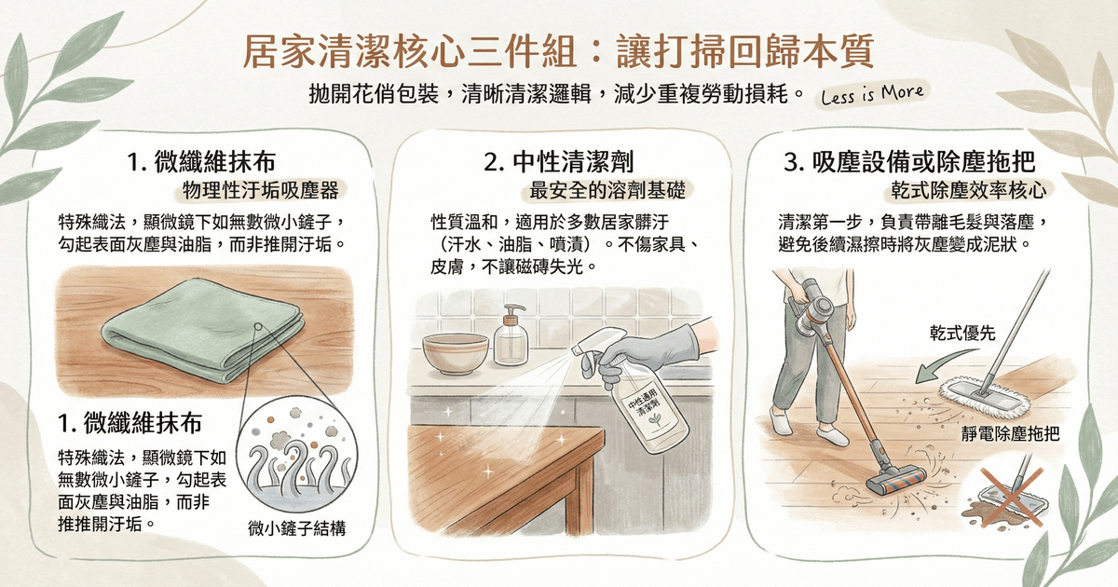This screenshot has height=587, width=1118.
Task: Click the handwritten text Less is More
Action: [872, 94]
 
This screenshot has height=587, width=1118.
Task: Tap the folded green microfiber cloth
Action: [203, 331]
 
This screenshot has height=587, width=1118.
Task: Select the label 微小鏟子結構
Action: [297, 528]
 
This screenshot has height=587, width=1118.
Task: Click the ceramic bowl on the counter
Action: [456, 353]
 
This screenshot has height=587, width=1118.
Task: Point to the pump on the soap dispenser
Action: [513, 316]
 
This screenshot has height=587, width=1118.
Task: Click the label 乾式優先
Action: [962, 333]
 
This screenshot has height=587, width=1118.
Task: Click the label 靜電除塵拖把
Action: [1010, 434]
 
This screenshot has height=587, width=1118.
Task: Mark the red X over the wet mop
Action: [1012, 497]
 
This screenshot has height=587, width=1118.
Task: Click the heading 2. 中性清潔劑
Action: [558, 162]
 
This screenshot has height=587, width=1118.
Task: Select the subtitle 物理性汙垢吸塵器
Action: [261, 190]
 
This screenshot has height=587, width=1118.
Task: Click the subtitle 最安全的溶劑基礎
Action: [607, 190]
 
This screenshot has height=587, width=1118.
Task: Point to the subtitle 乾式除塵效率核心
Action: [969, 190]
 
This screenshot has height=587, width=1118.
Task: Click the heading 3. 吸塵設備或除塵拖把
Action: [909, 162]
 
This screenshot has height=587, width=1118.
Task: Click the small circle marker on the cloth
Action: [259, 326]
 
